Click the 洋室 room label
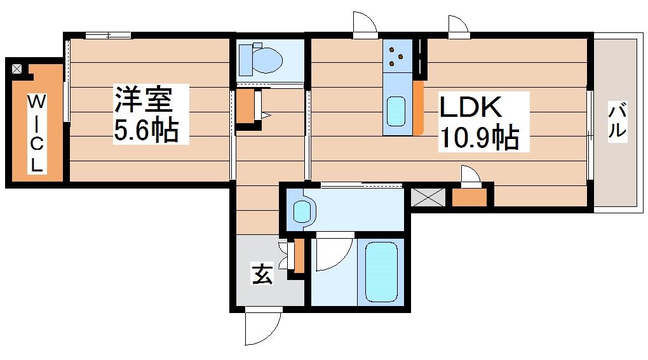[142, 100]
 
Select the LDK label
[472, 107]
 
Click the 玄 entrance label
[262, 274]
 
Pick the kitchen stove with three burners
[396, 55]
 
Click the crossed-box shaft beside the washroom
[429, 197]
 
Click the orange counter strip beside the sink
[418, 108]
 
